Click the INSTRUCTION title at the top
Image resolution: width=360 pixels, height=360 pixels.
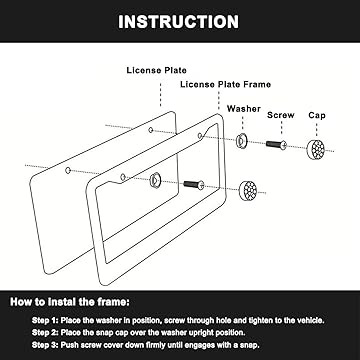(178, 22)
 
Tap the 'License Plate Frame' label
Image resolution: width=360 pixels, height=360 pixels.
(226, 85)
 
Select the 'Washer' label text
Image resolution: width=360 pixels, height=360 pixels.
(244, 109)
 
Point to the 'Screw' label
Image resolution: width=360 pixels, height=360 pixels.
(281, 115)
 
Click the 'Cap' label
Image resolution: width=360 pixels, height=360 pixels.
(317, 115)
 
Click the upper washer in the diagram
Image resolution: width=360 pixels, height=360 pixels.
(241, 141)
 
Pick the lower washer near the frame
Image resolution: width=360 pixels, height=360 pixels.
(155, 179)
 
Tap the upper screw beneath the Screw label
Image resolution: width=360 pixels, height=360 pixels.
(276, 145)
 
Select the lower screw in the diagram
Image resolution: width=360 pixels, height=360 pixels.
(194, 184)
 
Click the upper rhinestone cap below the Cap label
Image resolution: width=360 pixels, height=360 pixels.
(316, 149)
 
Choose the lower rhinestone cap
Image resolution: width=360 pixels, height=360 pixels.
(248, 190)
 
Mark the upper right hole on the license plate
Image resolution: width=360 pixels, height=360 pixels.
(151, 130)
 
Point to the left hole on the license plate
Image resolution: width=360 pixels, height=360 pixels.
(68, 170)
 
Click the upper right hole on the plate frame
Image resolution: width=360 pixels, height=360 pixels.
(200, 136)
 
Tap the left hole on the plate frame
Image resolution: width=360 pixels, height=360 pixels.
(123, 176)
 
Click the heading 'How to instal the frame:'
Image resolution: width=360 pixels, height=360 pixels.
(70, 302)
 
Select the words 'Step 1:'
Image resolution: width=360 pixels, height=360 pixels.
(45, 321)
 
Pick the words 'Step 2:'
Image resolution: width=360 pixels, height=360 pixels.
(45, 333)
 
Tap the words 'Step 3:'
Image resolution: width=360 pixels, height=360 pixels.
(45, 345)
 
